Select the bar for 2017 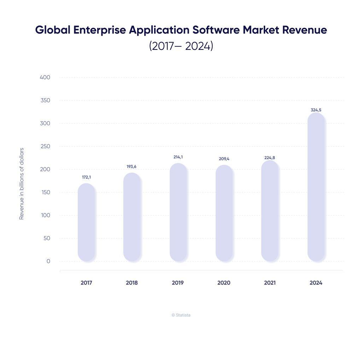point(86,222)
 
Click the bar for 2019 point(178,212)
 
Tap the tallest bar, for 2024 point(316,187)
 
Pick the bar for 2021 point(270,211)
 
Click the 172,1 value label point(86,177)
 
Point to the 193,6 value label point(132,167)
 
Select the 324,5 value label point(316,110)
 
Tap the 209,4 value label point(224,159)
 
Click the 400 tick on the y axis point(45,77)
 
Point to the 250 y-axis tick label point(45,146)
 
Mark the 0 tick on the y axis point(48,261)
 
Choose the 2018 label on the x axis point(132,283)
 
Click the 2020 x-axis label point(224,283)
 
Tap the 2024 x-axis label point(316,283)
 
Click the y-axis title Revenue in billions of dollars point(22,184)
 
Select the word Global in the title point(53,30)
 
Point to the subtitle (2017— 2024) point(181,46)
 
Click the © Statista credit point(181,315)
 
